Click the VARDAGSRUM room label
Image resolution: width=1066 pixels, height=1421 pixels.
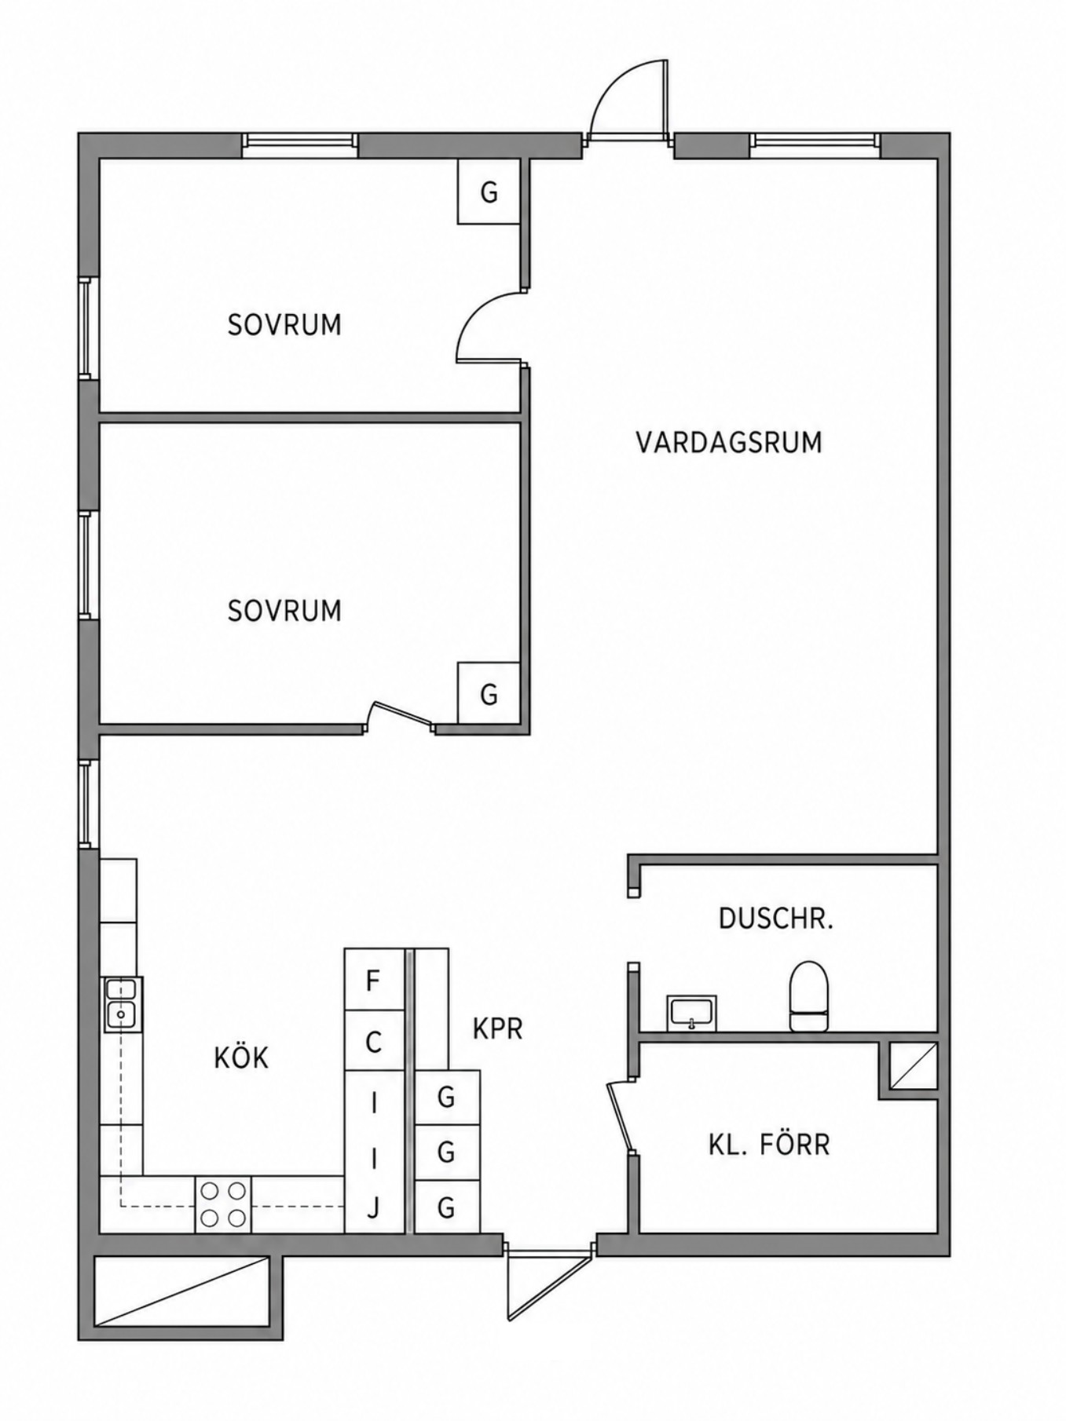coord(728,442)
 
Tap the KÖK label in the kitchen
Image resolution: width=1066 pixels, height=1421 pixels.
coord(241,1058)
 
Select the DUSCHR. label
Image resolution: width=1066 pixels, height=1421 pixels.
coord(775,919)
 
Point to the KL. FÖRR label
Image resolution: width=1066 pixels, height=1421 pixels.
coord(768,1144)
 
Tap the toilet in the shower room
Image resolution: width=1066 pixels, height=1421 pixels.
coord(809,995)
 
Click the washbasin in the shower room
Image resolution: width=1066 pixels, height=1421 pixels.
coord(691,1013)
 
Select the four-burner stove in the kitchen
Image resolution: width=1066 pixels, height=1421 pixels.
coord(223,1204)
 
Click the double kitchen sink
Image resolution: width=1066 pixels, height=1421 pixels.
coord(121,1004)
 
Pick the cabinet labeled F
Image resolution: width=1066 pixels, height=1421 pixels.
coord(374,980)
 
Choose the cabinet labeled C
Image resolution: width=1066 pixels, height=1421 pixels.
coord(374,1042)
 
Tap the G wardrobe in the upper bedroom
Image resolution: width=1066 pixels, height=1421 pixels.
coord(489,192)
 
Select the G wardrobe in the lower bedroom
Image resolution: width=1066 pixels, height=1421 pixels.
coord(489,693)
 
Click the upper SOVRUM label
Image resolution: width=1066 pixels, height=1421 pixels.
coord(284,324)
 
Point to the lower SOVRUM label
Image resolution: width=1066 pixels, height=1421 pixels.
coord(284,610)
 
